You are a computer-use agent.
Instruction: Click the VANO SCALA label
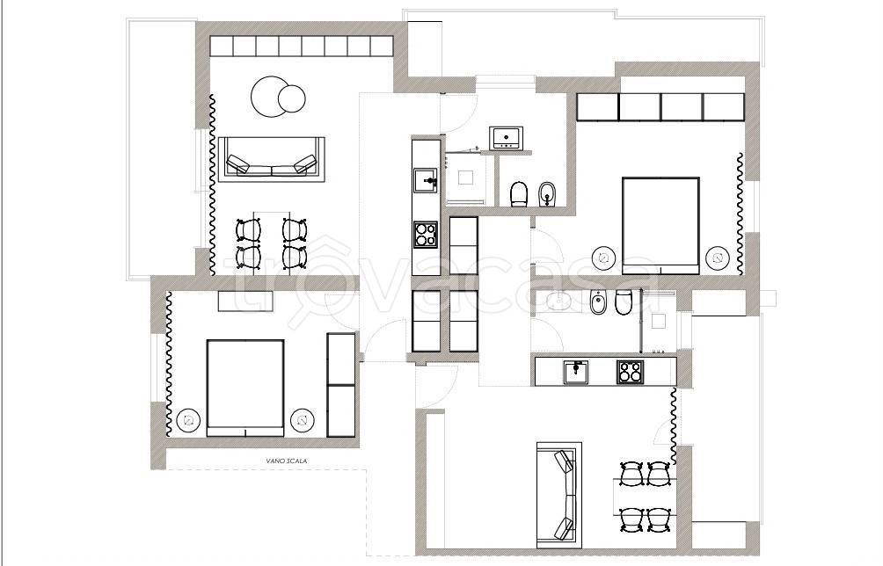(287, 461)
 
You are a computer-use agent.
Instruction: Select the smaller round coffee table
(292, 98)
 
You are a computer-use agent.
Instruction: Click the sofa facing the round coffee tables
(272, 159)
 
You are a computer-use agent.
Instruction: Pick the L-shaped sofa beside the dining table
(559, 495)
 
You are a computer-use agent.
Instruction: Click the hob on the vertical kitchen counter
(425, 235)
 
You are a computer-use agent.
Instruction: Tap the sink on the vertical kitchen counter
(425, 181)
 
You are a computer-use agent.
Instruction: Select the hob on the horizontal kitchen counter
(631, 372)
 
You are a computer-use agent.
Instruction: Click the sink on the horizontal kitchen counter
(576, 372)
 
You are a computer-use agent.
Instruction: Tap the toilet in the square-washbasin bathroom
(518, 193)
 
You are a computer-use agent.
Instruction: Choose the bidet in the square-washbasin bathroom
(547, 193)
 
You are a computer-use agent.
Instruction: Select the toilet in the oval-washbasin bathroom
(624, 302)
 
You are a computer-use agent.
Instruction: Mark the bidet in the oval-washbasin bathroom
(597, 302)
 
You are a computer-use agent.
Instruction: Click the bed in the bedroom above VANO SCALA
(245, 387)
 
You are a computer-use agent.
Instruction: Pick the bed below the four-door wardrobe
(660, 225)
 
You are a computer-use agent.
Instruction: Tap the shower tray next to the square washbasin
(465, 178)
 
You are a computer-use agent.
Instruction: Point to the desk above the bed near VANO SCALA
(245, 301)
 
